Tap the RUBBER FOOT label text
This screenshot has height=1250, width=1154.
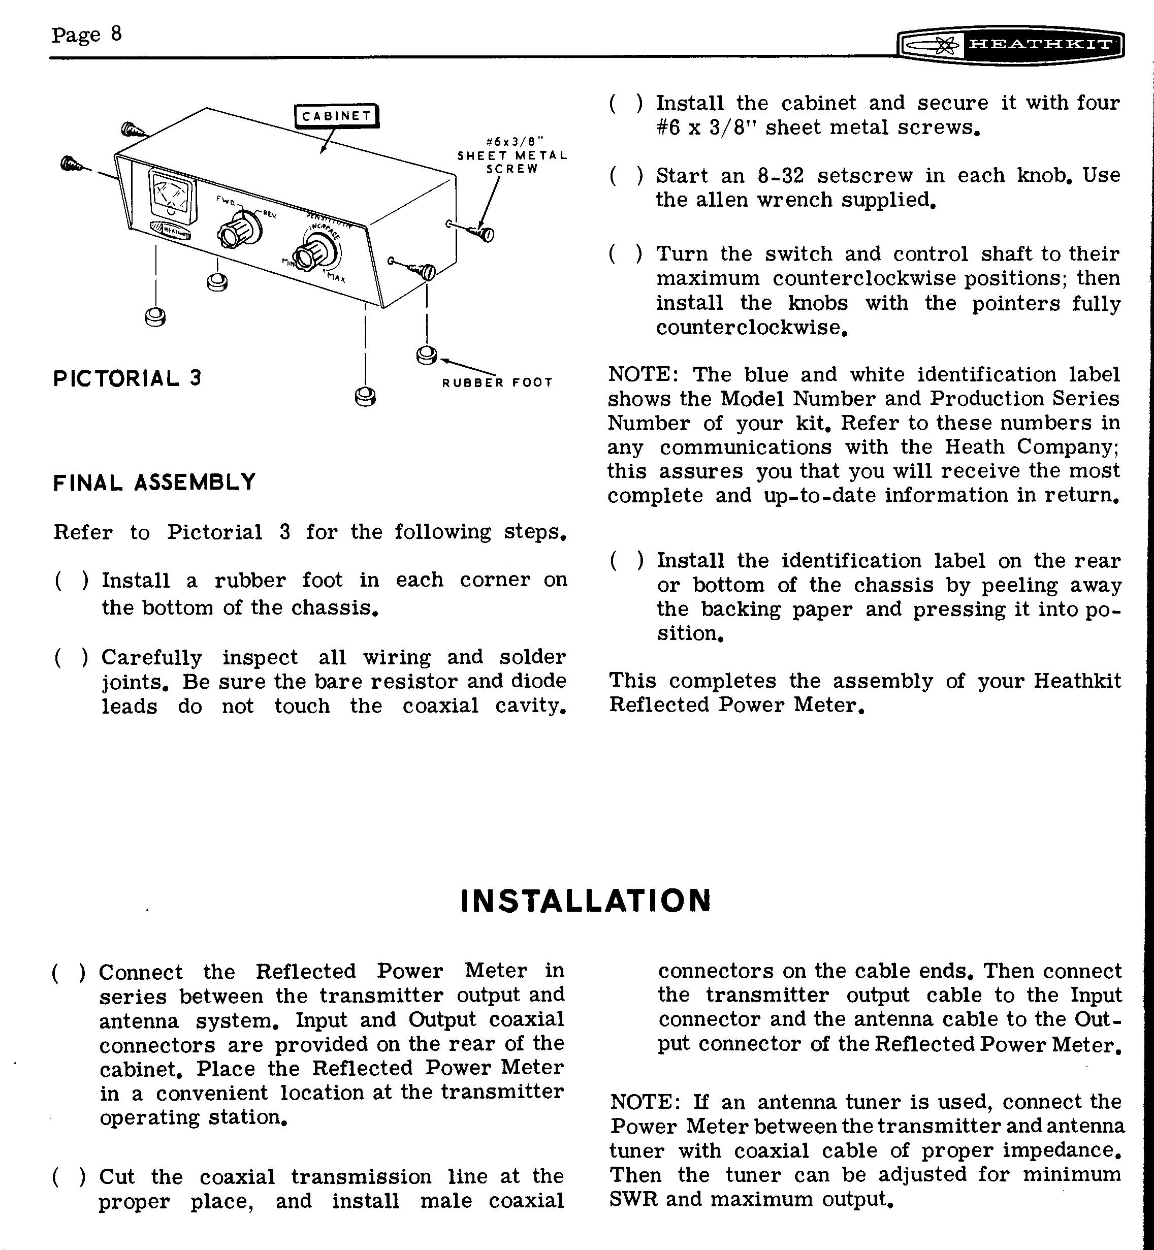pos(497,382)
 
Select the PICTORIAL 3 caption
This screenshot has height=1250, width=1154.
pos(127,378)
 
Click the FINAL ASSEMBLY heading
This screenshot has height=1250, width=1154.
pos(154,482)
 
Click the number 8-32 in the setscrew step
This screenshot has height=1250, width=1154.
pos(781,175)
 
